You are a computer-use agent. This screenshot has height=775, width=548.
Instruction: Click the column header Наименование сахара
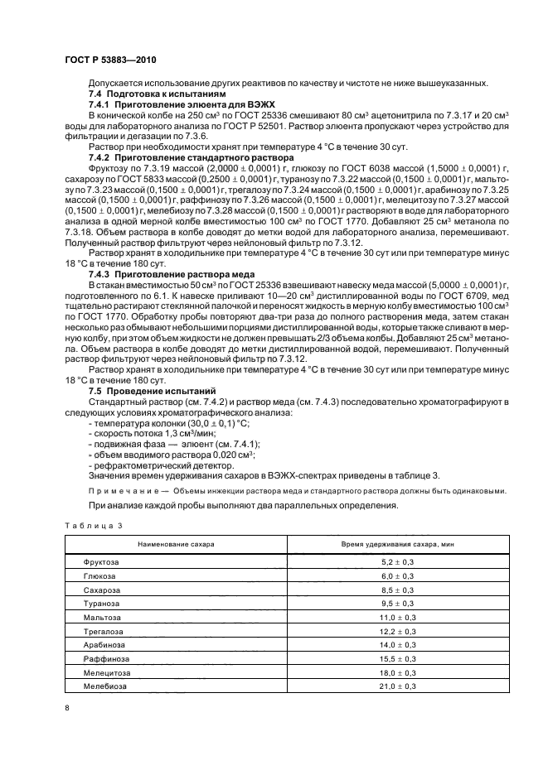(163, 543)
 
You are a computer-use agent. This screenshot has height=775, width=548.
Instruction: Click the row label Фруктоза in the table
(100, 562)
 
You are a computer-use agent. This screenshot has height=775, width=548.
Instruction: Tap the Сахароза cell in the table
(100, 590)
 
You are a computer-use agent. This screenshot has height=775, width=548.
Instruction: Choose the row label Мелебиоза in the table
(102, 686)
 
